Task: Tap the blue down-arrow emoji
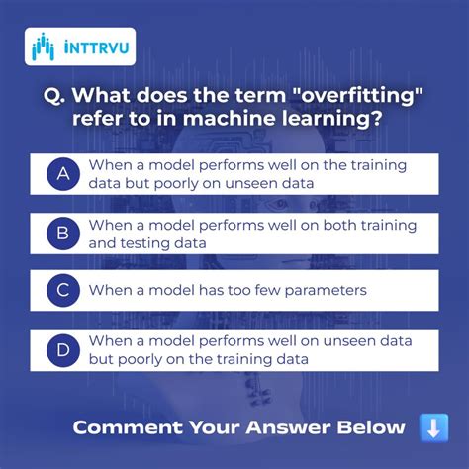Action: pyautogui.click(x=433, y=427)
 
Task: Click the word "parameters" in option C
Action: pyautogui.click(x=324, y=291)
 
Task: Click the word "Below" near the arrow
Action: pyautogui.click(x=370, y=427)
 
